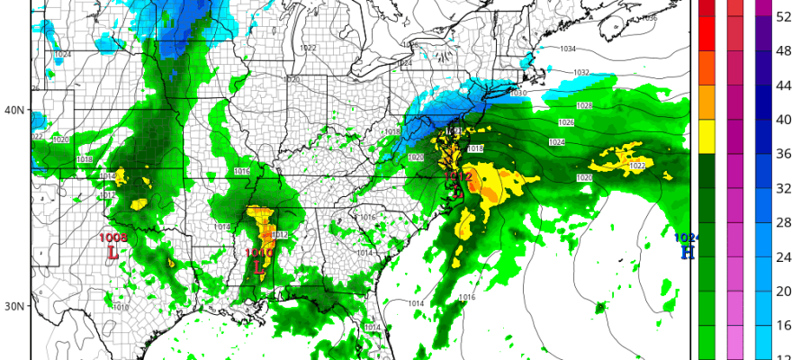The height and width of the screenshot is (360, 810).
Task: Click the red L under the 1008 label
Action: pyautogui.click(x=113, y=253)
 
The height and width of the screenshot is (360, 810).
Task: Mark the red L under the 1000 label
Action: pyautogui.click(x=260, y=267)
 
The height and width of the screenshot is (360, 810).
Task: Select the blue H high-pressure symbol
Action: pyautogui.click(x=688, y=252)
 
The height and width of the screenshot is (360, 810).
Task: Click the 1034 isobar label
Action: pyautogui.click(x=568, y=49)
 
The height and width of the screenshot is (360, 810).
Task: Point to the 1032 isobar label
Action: pyautogui.click(x=580, y=73)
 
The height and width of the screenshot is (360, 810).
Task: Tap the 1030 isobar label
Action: pyautogui.click(x=517, y=93)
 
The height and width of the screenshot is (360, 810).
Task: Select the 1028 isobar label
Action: pyautogui.click(x=585, y=106)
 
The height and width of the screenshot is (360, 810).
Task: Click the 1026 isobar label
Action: pyautogui.click(x=566, y=122)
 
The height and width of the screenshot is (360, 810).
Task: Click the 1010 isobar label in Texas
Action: pyautogui.click(x=121, y=307)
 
